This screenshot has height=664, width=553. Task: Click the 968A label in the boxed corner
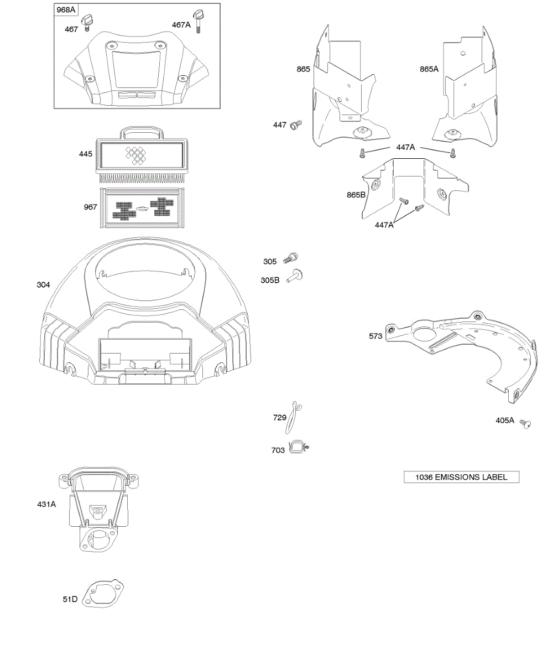(66, 10)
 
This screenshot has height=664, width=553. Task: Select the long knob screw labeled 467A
(197, 22)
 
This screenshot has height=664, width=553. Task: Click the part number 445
(86, 154)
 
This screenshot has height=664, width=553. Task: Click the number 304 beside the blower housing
(43, 284)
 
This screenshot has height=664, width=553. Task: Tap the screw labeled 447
(296, 124)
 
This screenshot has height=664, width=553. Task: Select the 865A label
(429, 69)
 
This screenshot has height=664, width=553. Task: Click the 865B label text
(356, 195)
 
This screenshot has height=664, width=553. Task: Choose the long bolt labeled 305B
(295, 276)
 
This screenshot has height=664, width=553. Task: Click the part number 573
(375, 336)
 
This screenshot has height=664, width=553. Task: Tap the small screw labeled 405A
(525, 424)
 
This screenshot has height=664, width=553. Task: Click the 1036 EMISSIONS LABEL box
(461, 477)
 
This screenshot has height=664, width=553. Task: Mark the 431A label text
(46, 504)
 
